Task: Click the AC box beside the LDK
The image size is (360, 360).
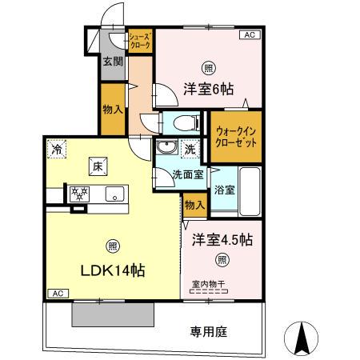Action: pyautogui.click(x=57, y=294)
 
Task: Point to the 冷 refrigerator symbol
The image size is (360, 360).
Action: pyautogui.click(x=57, y=147)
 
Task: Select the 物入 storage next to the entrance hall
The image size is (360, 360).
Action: pyautogui.click(x=113, y=110)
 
